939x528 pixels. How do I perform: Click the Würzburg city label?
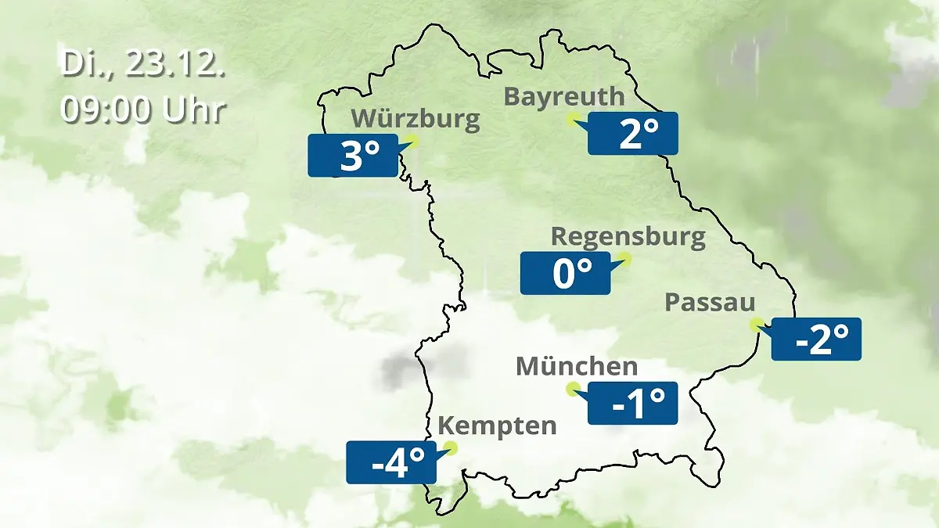(415, 119)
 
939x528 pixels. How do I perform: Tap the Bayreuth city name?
(564, 96)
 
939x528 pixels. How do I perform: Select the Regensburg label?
(628, 236)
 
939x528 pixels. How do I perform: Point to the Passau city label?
(710, 303)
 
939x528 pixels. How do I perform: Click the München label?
(577, 366)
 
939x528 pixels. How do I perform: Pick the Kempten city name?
(497, 426)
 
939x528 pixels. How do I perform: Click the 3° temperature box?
(353, 155)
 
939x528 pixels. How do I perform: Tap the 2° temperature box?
(633, 133)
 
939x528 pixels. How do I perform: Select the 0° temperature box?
(565, 273)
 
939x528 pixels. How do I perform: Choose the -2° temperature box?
(816, 339)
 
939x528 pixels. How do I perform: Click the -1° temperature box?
(632, 403)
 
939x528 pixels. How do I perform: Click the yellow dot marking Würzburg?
(412, 141)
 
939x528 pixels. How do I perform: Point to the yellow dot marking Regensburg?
(624, 258)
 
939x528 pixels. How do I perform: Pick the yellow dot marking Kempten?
(450, 448)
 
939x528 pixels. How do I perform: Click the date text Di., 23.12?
(143, 64)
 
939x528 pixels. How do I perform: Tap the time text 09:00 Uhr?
(143, 110)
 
